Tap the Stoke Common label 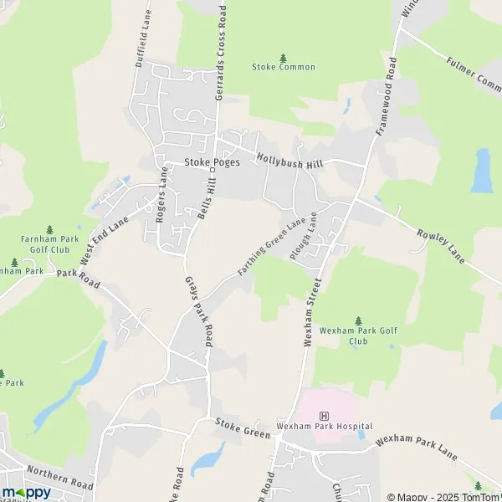(x=283, y=67)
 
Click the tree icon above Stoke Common (x=283, y=57)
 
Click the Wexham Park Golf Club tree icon (x=358, y=320)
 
